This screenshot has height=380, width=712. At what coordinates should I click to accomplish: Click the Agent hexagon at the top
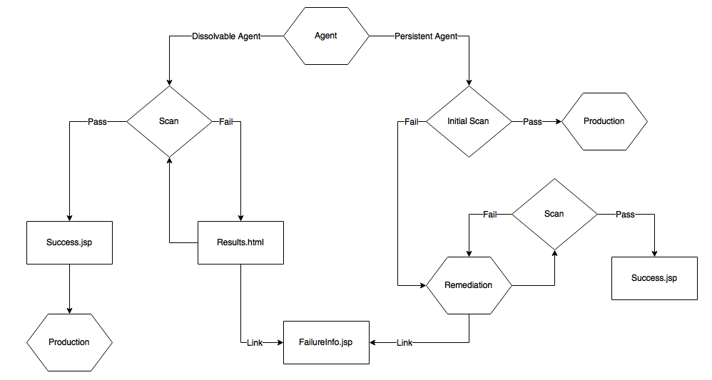326,36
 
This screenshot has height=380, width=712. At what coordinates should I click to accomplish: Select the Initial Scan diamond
468,121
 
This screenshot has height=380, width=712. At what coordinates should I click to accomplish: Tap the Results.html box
240,242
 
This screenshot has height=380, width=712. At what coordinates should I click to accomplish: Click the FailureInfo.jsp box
326,342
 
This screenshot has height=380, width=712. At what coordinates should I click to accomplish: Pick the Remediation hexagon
468,285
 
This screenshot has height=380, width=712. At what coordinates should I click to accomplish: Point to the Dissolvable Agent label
226,36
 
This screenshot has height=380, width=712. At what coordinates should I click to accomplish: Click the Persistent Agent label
426,36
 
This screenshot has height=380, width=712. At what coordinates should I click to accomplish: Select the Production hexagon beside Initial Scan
604,121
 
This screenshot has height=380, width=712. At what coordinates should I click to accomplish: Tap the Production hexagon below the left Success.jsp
69,342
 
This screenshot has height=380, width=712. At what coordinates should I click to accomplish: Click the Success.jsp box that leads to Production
69,242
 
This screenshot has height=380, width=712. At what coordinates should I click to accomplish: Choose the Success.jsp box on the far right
653,278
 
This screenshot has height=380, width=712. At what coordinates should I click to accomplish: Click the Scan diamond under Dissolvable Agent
169,121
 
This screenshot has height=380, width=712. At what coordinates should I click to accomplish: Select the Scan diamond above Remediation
554,214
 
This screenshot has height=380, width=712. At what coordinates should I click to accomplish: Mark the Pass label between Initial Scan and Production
532,122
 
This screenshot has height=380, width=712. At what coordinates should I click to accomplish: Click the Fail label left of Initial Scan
412,122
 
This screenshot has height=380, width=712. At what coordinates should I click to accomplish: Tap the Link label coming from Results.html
255,343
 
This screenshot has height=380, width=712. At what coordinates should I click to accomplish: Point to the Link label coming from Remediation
405,343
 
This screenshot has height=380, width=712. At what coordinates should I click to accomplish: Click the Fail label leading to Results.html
226,122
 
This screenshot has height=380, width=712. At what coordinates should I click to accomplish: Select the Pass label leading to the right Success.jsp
625,215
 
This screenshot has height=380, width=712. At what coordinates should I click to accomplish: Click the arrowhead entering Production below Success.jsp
69,310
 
